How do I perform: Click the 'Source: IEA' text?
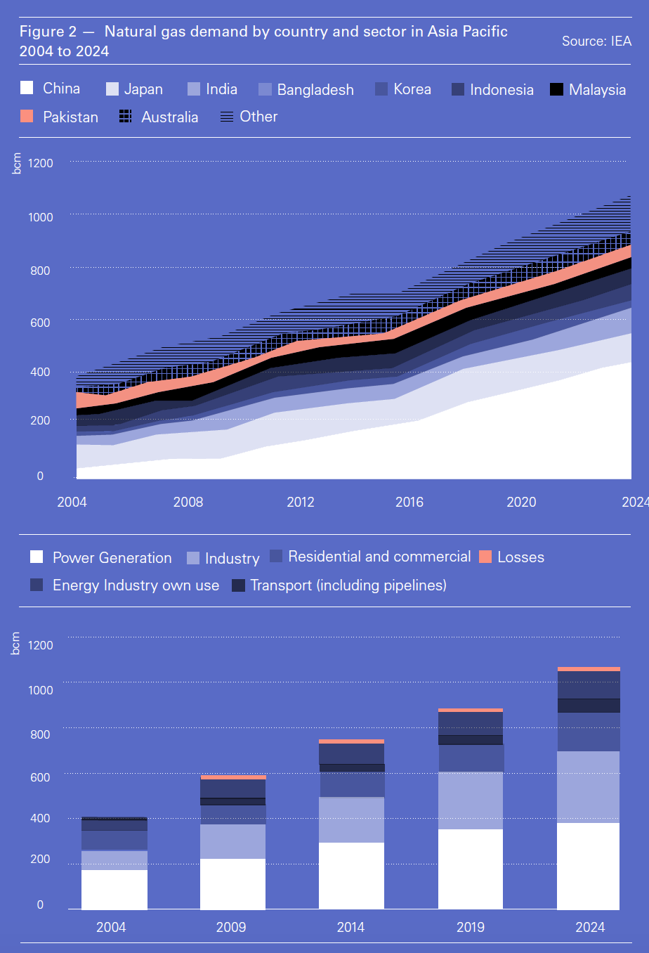coord(596,41)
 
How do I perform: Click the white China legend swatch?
coord(27,88)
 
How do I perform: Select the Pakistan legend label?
coord(70,117)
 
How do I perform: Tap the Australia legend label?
coord(169,117)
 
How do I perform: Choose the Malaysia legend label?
coord(597,90)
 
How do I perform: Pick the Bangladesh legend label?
coord(315,90)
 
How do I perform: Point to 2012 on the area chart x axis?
coord(301,502)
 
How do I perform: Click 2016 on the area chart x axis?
coord(409,502)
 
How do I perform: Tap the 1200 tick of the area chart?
coord(41,163)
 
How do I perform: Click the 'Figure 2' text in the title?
coord(48,32)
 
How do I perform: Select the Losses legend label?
coord(520,557)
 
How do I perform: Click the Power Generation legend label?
coord(112,558)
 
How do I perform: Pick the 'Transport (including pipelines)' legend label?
coord(348,585)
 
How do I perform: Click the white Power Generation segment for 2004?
coord(114,890)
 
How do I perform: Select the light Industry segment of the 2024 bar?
coord(589,787)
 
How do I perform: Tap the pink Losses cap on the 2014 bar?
coord(351,741)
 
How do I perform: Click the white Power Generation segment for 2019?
coord(471,869)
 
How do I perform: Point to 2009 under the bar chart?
coord(231,927)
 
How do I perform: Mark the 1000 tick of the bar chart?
coord(41,690)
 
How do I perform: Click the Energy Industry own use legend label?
coord(136,585)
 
